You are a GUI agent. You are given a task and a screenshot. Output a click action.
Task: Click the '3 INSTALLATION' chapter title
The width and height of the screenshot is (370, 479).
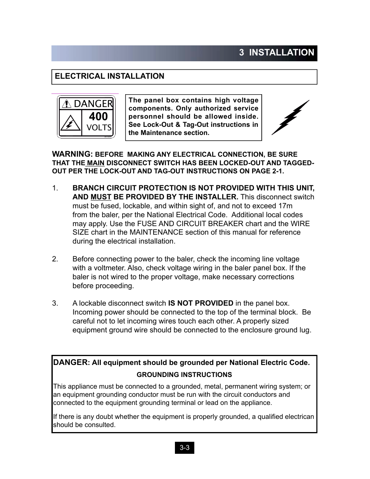277,53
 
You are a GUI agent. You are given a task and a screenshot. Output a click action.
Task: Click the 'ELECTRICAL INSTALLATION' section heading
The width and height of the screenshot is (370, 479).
109,76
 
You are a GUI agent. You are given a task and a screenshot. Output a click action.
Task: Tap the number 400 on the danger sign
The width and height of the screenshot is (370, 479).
98,116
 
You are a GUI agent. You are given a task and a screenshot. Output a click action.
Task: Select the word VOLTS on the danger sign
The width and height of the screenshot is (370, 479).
99,128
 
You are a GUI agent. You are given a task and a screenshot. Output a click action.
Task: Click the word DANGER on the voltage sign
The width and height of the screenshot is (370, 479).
93,104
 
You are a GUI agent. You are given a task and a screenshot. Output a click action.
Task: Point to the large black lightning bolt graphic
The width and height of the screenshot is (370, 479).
290,117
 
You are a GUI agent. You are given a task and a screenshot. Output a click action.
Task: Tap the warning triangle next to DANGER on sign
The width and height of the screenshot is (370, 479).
67,104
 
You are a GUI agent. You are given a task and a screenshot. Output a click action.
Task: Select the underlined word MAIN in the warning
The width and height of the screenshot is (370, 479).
96,163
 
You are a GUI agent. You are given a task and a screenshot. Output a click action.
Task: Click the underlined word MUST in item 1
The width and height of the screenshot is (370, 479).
101,197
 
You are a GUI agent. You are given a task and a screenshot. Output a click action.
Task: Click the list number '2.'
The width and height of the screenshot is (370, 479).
55,259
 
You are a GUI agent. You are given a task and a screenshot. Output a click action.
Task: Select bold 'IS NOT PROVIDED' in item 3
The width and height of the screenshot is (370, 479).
201,303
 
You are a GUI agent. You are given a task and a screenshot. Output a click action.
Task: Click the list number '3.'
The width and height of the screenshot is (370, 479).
55,303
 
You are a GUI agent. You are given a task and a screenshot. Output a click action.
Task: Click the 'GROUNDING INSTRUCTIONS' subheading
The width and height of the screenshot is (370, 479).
184,375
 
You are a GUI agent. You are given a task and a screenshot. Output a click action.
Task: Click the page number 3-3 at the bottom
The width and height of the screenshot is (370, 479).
185,448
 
